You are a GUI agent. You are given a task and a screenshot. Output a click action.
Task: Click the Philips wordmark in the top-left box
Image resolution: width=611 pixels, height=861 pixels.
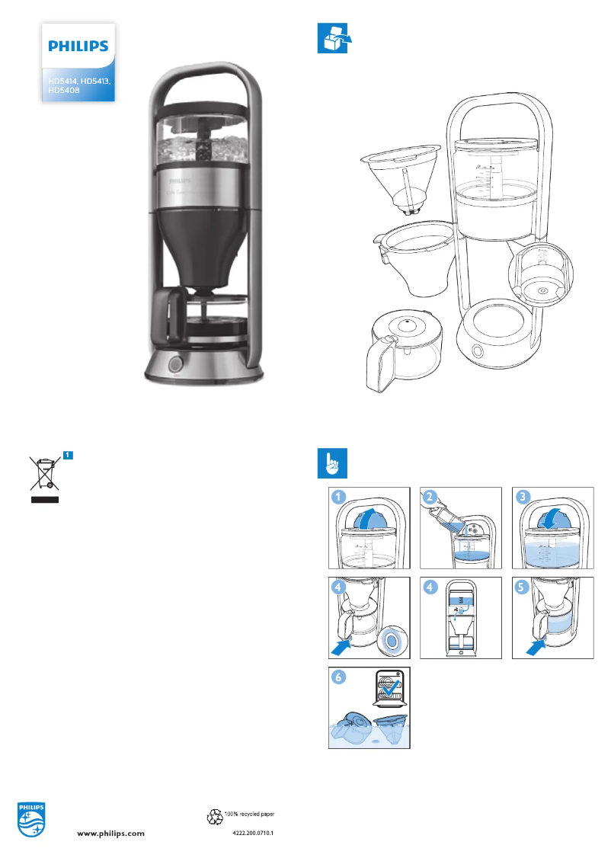point(78,46)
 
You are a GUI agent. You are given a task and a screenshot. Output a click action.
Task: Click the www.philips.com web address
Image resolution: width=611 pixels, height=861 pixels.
point(112,834)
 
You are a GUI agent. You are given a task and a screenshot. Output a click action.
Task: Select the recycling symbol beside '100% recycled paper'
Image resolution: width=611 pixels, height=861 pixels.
point(215,817)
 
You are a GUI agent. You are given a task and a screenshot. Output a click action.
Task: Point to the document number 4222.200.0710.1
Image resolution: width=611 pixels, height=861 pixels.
point(252,834)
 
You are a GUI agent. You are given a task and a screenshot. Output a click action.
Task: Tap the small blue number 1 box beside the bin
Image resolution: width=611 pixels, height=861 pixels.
point(68,455)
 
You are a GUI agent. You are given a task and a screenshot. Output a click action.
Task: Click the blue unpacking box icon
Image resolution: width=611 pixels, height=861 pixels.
point(331,39)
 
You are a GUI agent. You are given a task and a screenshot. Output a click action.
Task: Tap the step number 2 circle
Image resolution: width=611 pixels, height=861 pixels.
point(431,497)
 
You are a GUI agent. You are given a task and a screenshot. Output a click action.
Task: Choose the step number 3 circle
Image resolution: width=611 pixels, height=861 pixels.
point(523,497)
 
